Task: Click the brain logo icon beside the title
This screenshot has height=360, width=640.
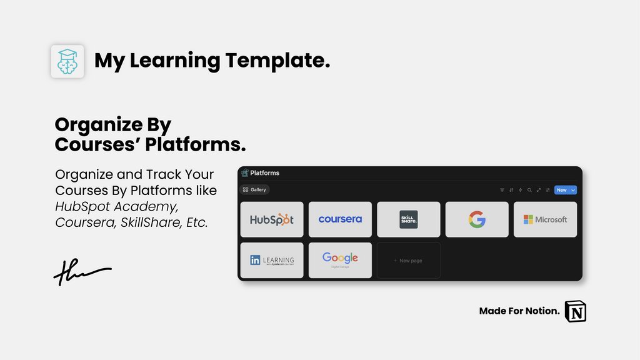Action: tap(67, 61)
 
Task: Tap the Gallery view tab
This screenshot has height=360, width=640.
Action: tap(255, 190)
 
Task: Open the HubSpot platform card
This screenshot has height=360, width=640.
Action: tap(272, 219)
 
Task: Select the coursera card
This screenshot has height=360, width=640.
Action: tap(340, 219)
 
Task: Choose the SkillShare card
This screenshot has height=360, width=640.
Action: tap(408, 219)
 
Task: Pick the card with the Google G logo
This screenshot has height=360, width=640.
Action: tap(477, 219)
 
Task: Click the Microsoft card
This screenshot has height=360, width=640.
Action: tap(545, 219)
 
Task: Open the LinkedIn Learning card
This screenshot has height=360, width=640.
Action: tap(272, 260)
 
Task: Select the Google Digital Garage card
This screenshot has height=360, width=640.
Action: tap(340, 260)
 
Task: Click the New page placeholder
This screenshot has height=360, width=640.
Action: tap(408, 260)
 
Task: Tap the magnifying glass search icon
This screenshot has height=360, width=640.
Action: tap(529, 190)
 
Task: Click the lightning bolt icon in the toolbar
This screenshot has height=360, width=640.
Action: tap(520, 190)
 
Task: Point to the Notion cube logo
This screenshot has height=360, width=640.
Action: tap(576, 311)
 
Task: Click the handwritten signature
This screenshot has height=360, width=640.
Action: tap(82, 272)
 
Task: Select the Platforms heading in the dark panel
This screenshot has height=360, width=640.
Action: tap(264, 173)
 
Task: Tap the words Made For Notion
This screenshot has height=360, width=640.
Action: tap(519, 311)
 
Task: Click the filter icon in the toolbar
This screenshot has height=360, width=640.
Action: tap(502, 190)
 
